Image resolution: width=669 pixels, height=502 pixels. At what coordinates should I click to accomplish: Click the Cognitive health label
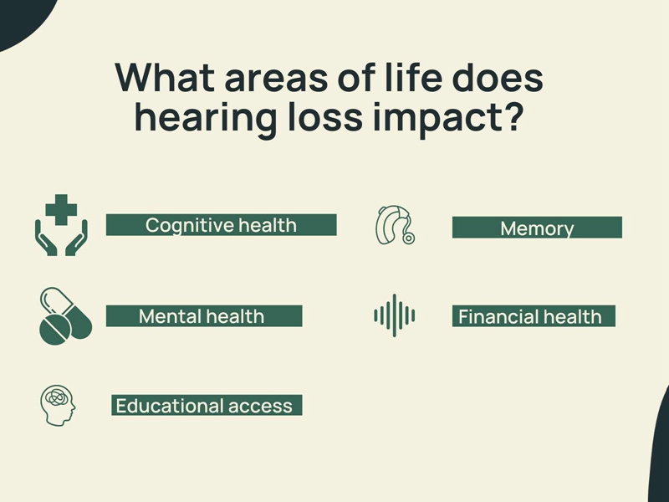point(221,225)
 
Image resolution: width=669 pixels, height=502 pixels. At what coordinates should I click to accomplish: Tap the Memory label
point(537,228)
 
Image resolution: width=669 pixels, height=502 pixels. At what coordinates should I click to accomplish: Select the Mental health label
point(204,316)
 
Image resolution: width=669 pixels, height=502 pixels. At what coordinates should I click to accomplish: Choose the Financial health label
point(534,316)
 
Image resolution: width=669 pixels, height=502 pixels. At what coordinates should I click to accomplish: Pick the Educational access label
point(207,405)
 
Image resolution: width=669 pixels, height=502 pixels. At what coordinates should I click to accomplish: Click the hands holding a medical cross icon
point(61,225)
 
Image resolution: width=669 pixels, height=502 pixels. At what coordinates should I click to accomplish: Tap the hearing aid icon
point(395,225)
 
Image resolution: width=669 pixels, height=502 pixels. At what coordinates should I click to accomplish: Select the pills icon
point(66,316)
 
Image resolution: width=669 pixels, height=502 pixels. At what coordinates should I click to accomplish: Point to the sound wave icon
point(395,315)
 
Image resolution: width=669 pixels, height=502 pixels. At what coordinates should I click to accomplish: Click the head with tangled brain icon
point(58,405)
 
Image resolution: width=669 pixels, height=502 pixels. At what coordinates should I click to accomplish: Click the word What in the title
point(165,77)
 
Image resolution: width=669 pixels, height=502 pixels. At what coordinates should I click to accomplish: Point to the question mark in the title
point(510,115)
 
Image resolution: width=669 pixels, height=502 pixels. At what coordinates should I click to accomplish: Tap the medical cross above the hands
point(61,210)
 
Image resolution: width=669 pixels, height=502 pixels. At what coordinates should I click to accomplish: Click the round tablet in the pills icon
point(55,329)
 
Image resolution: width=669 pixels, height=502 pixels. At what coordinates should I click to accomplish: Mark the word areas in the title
point(276,80)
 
